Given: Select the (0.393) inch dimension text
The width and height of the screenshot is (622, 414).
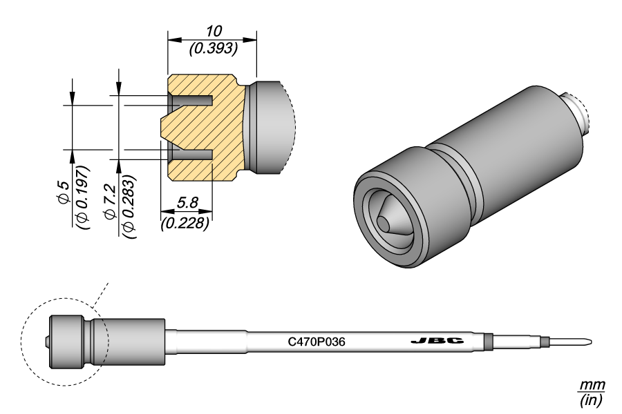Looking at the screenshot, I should point(212,49).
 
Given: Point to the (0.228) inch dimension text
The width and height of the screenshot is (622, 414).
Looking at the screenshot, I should point(185,223).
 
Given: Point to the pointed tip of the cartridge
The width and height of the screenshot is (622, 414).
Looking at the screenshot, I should point(588,342).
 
